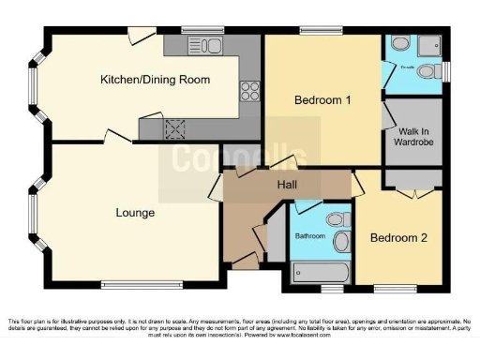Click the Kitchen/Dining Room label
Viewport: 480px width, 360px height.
(156, 79)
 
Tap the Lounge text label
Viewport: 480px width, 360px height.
(135, 213)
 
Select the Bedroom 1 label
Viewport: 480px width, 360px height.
(322, 99)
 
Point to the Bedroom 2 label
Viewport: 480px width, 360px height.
(398, 238)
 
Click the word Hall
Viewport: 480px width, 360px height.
(287, 185)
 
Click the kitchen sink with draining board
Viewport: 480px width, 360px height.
(204, 45)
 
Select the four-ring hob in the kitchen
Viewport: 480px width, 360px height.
(250, 92)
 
